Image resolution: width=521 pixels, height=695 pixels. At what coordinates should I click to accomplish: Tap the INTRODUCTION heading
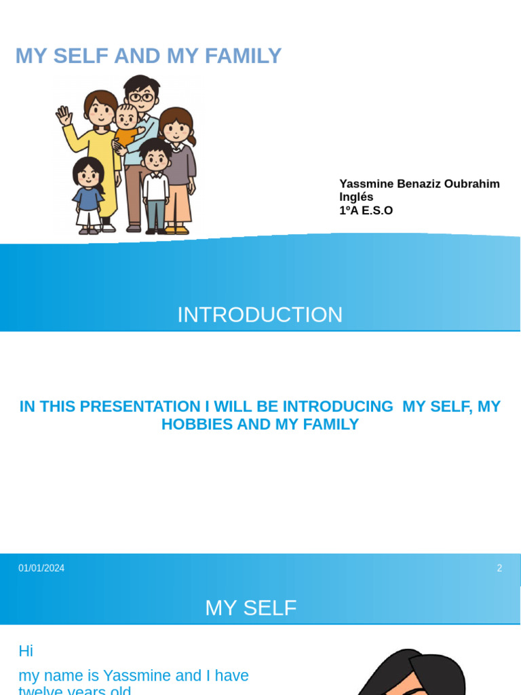coord(260,315)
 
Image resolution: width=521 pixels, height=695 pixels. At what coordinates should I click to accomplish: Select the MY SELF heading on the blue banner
coord(250,608)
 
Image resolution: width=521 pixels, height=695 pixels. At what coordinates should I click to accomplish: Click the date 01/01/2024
coord(41,568)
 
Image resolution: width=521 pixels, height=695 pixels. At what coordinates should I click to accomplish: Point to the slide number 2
coord(499,568)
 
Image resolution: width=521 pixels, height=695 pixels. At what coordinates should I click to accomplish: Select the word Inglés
coord(356,197)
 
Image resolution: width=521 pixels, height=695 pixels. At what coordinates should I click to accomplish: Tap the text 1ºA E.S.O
coord(366,210)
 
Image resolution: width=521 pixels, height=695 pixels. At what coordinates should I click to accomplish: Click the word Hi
coord(26,651)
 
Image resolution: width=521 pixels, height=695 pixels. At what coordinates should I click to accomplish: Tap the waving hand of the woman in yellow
coord(64,115)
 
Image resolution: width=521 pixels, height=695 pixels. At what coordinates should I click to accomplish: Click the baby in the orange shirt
coord(127,126)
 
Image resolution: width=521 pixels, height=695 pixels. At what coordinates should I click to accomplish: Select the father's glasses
coord(142,97)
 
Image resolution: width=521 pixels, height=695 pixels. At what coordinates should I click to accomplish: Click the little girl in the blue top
coord(88,193)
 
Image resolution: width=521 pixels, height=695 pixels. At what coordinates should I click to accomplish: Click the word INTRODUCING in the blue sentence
coord(338,407)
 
